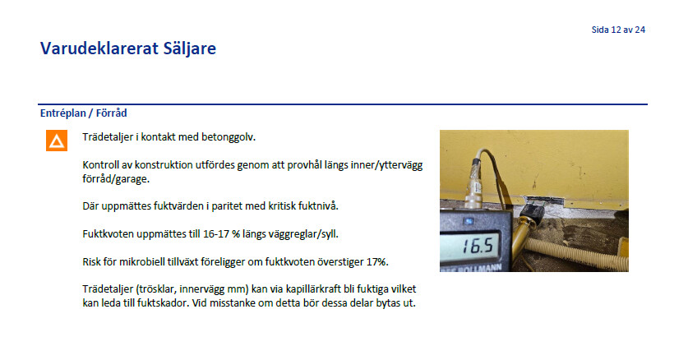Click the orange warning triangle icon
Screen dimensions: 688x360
click(57, 141)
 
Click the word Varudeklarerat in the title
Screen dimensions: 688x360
click(99, 48)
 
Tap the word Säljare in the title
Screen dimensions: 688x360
click(190, 49)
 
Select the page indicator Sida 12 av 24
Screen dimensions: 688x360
click(618, 30)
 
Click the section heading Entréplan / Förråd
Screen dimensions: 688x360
click(83, 113)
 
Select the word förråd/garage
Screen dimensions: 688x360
click(116, 179)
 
